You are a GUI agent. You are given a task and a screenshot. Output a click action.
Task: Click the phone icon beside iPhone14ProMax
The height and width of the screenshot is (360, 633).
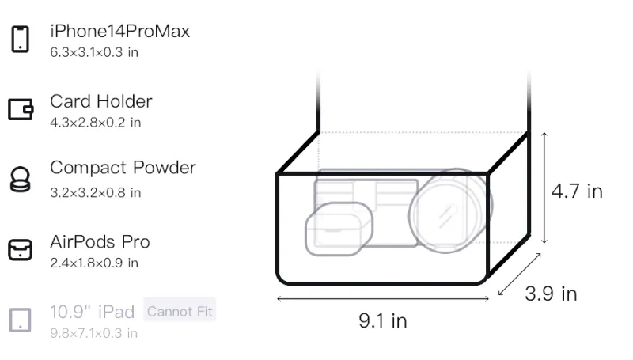pos(21,39)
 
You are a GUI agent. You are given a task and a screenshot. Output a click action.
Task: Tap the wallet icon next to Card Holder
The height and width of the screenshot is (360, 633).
pos(21,109)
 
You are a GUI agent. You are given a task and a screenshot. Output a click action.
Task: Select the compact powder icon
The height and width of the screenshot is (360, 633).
pos(21,179)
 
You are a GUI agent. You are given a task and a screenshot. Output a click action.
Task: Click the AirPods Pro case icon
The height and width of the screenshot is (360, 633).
pos(21,249)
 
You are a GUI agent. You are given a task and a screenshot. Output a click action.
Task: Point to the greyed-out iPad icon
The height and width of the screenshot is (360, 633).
pos(21,320)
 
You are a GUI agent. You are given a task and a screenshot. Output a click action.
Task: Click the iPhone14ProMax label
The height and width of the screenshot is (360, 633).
pos(120,31)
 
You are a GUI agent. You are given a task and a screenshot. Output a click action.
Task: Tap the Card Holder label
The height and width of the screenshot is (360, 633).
pos(101,101)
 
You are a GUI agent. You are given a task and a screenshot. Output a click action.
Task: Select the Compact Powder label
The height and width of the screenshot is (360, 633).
pos(123,168)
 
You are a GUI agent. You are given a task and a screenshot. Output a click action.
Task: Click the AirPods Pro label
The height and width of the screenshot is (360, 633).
pos(100,242)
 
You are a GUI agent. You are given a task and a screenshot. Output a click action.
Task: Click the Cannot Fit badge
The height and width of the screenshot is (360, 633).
pos(180,311)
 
